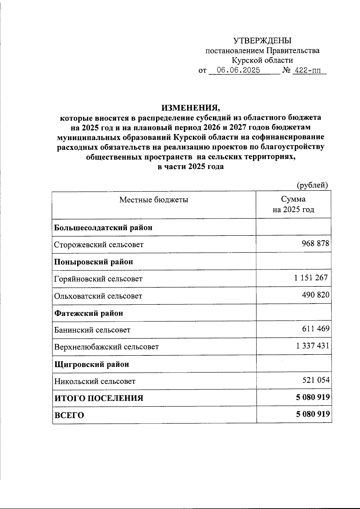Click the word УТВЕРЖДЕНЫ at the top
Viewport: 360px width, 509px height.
[x=262, y=40]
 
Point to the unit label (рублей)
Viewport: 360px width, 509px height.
[x=312, y=185]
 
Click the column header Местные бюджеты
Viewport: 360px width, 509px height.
[x=154, y=200]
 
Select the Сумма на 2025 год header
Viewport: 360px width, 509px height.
[x=293, y=204]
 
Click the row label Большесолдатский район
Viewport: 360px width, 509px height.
[x=103, y=228]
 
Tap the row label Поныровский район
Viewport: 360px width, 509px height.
[x=93, y=262]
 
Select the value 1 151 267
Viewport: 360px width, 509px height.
[x=311, y=278]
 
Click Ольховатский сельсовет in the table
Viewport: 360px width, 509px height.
[x=98, y=296]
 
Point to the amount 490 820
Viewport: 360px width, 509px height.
[x=315, y=295]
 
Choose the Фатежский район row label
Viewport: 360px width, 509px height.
[x=88, y=313]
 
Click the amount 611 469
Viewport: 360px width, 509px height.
[x=315, y=329]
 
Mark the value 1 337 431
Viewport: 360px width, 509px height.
[x=313, y=346]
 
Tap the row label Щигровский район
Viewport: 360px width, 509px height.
[x=91, y=364]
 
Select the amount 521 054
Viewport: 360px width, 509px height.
[x=315, y=380]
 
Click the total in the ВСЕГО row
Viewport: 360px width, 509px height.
[x=313, y=414]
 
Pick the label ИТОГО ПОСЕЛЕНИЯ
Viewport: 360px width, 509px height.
[x=99, y=398]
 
